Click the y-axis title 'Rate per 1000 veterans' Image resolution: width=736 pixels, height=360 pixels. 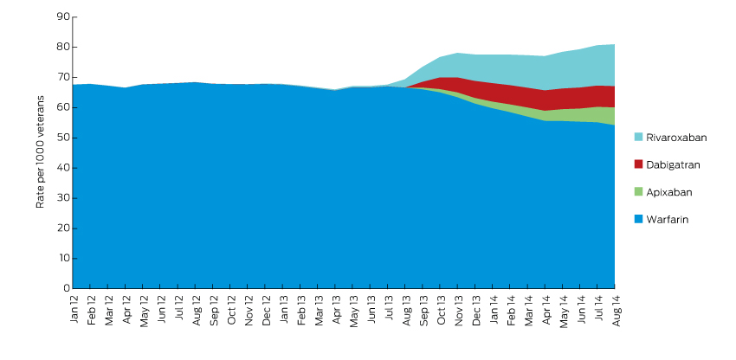click(41, 152)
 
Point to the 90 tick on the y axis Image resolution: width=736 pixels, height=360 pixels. click(62, 17)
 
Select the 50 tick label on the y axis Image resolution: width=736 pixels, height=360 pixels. click(62, 138)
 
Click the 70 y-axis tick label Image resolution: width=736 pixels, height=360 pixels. click(62, 77)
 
